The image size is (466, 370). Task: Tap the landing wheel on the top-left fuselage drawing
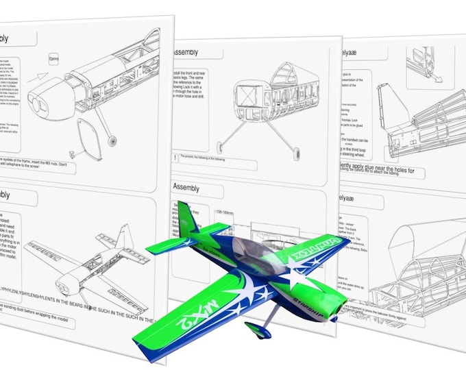pos(112,140)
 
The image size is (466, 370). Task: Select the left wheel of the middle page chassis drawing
pos(220,147)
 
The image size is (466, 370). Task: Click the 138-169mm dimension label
pos(226,213)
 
